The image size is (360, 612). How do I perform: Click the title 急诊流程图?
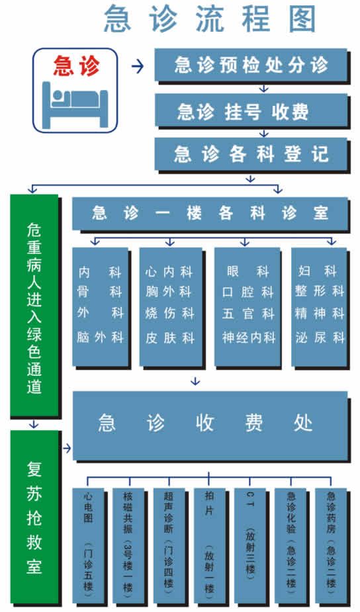(210, 19)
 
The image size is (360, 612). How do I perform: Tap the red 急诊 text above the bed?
(77, 66)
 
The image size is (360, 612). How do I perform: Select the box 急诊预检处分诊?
(251, 64)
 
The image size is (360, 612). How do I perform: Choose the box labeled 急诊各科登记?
(251, 153)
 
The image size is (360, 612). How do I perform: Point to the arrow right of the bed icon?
(138, 66)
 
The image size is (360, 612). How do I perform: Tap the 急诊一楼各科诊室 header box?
(210, 213)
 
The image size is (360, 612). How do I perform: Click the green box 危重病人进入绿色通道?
(34, 305)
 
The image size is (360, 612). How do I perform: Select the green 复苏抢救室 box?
(34, 517)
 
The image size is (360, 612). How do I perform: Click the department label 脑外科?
(101, 337)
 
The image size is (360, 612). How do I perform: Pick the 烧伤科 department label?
(169, 314)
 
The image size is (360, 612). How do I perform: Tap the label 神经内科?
(249, 337)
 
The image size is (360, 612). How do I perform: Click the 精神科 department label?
(320, 314)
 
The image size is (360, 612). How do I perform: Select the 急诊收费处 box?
(210, 425)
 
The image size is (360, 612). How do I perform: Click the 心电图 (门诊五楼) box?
(89, 545)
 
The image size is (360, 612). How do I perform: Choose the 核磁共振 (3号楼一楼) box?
(128, 545)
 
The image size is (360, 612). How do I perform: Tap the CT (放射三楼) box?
(250, 545)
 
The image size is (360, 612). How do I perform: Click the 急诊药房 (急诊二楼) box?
(331, 545)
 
